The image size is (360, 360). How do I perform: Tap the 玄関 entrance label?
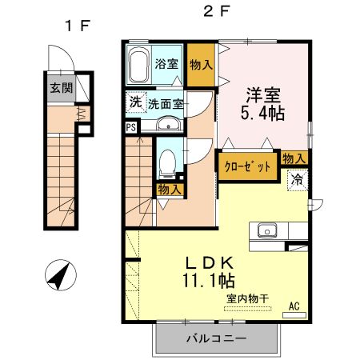57,88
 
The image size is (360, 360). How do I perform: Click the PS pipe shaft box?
130,126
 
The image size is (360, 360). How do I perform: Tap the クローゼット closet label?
246,166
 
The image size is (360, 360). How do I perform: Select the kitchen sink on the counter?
266,232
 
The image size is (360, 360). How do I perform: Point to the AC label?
294,304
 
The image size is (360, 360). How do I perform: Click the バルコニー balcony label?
216,338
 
